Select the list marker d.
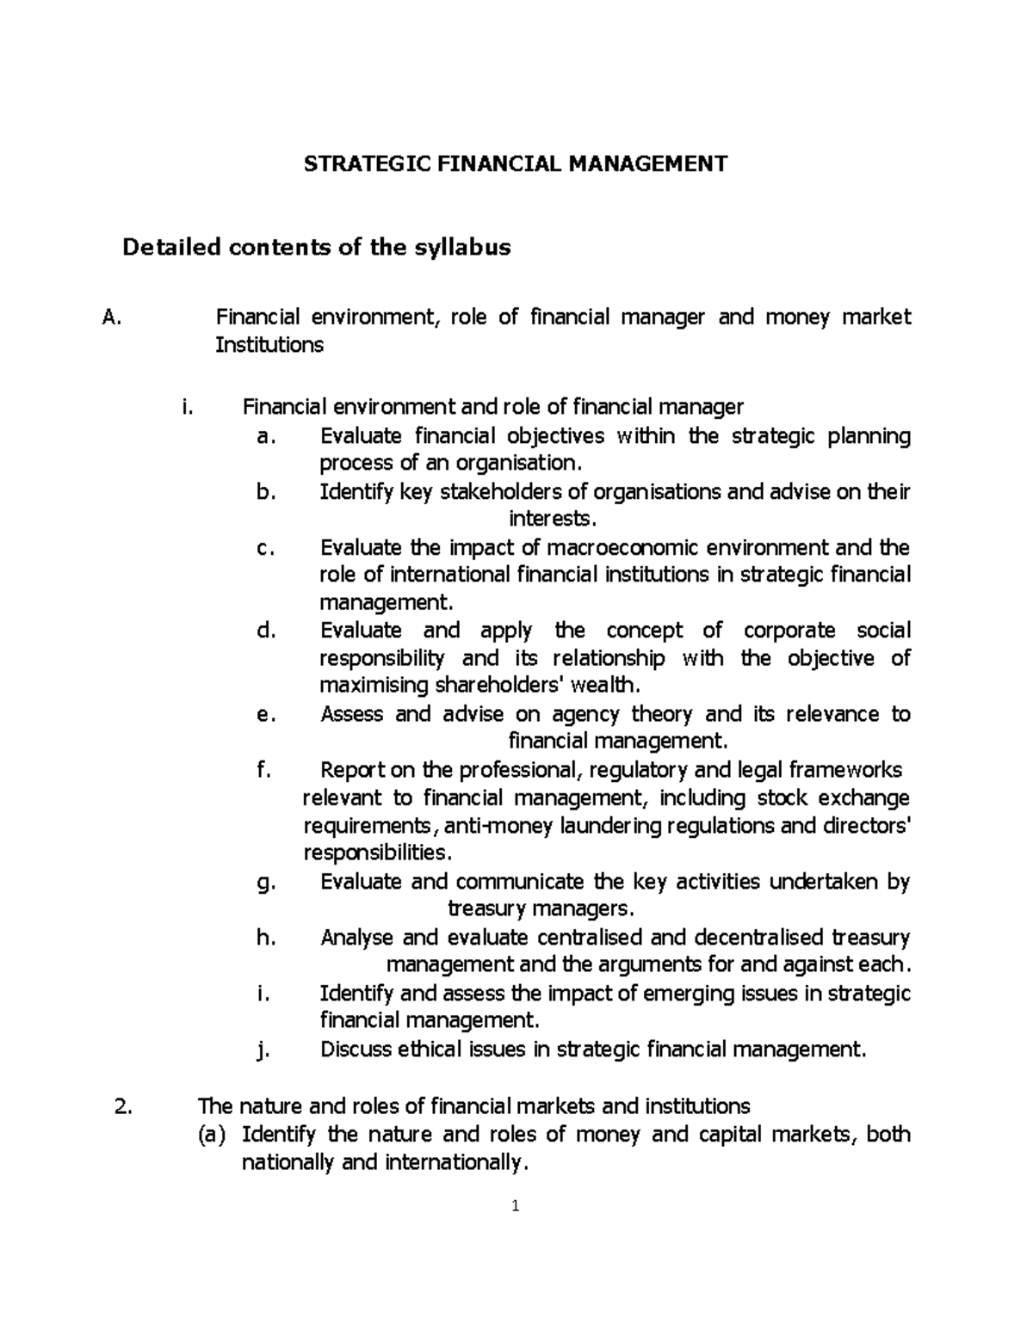(x=265, y=631)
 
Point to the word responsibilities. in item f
(x=377, y=853)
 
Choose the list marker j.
(x=263, y=1050)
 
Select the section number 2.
(x=121, y=1105)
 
